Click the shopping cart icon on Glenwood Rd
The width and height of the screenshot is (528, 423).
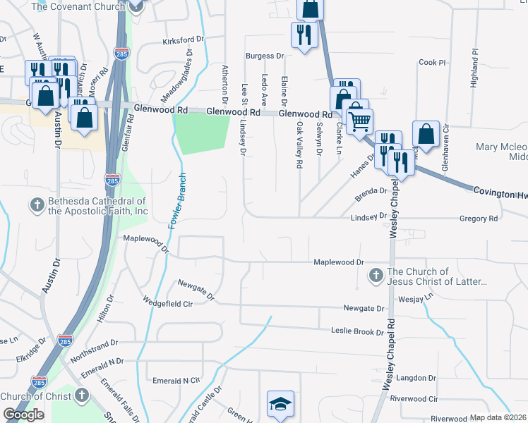tap(360, 121)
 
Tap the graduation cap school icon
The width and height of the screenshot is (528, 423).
tap(280, 405)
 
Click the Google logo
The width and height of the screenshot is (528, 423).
tap(23, 414)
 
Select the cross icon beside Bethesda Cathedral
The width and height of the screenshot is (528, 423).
tap(37, 205)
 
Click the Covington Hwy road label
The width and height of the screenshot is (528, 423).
tap(499, 192)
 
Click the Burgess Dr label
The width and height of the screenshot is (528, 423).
tap(264, 56)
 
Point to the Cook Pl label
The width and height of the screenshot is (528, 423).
tap(432, 63)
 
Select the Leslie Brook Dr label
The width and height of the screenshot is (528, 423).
tap(356, 330)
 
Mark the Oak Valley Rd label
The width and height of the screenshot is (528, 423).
tap(299, 145)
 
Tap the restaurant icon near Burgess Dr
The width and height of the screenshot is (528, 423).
tap(303, 35)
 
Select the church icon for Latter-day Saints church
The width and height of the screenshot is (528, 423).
tap(376, 274)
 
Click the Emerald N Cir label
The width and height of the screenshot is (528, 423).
tap(176, 380)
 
